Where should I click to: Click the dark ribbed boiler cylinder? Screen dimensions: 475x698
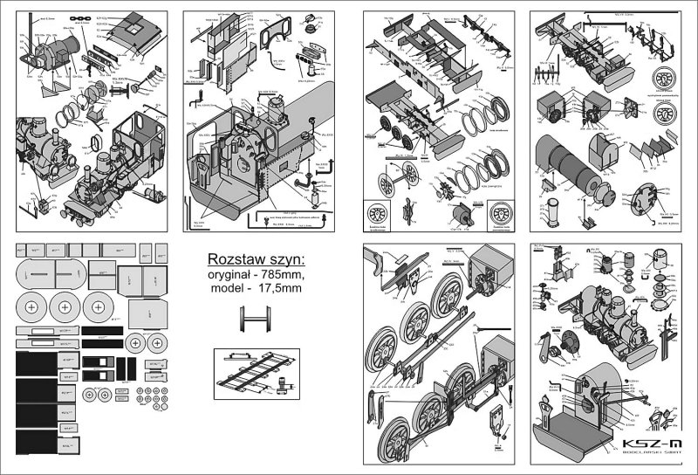[x=563, y=156]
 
